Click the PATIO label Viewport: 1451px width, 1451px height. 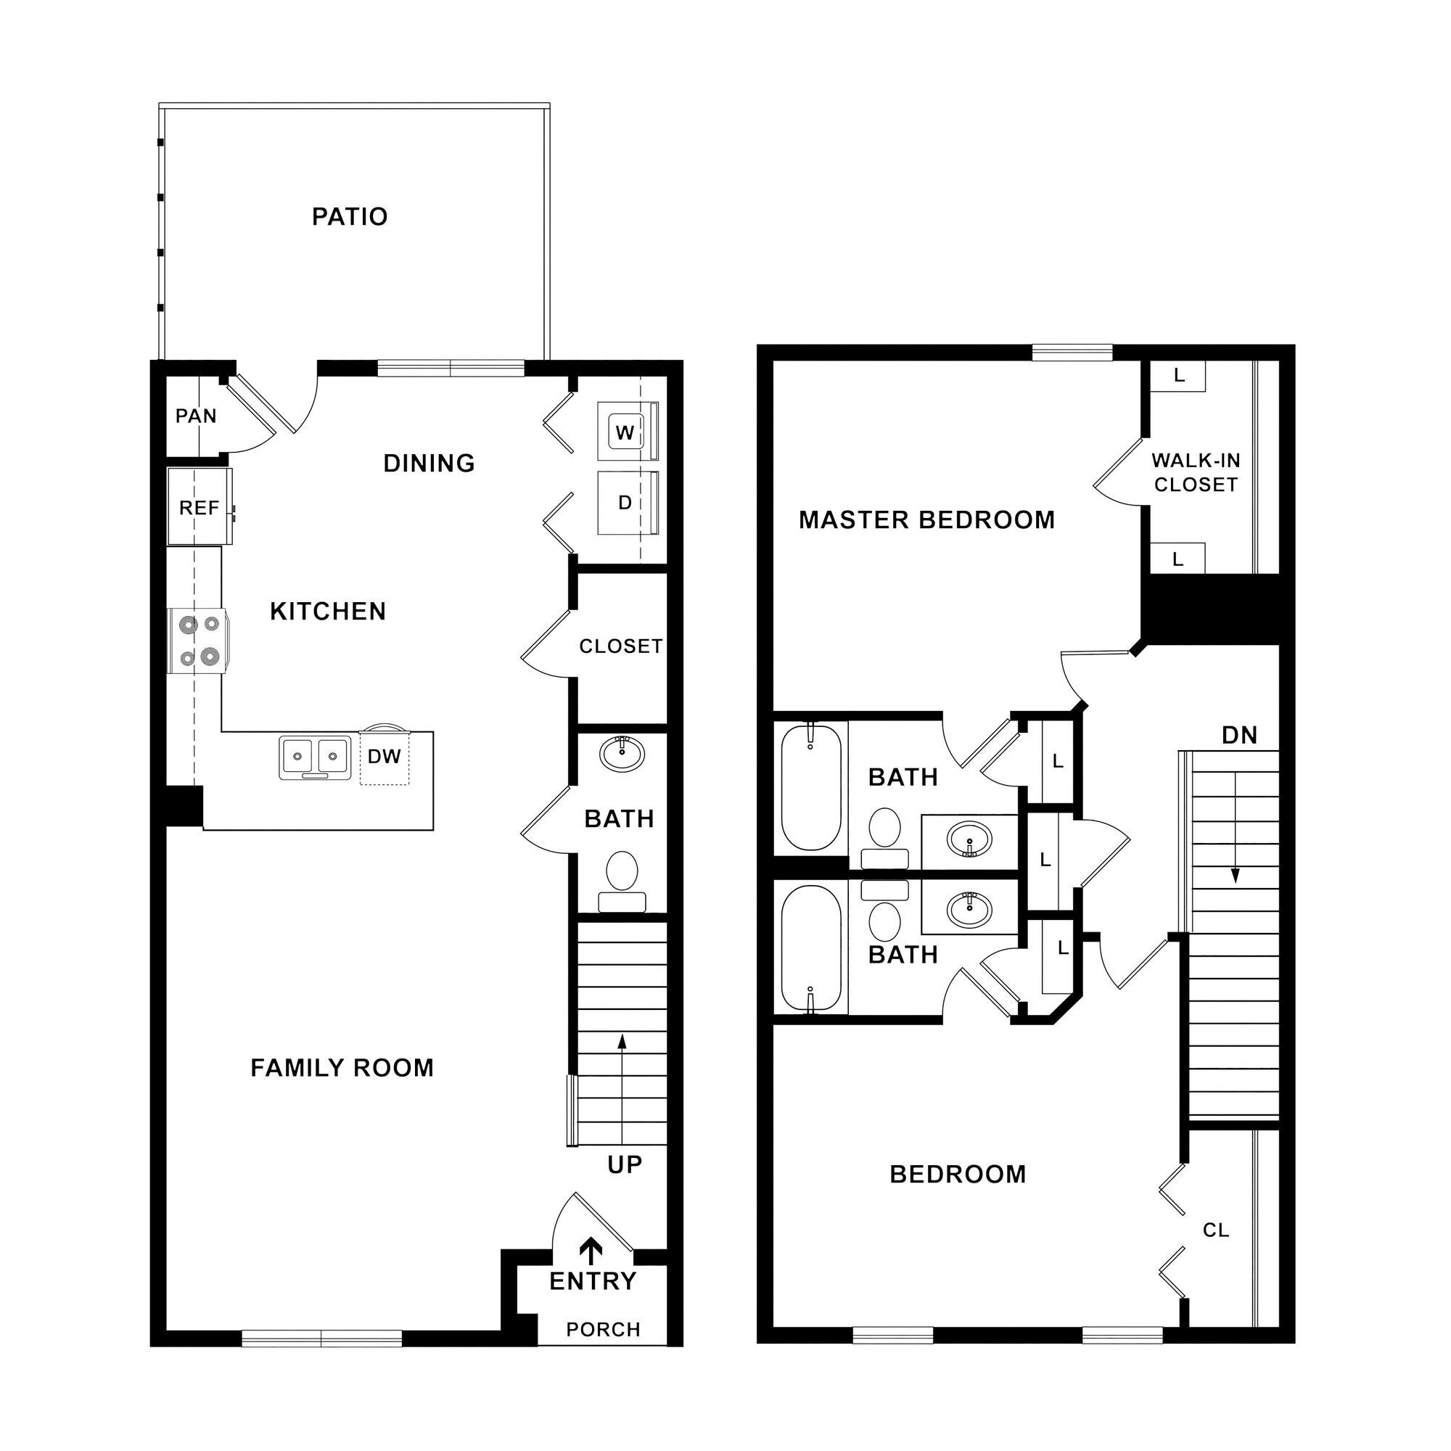point(349,217)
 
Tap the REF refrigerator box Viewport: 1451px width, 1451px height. point(199,508)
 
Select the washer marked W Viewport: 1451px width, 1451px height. point(625,432)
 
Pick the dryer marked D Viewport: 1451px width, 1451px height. point(625,503)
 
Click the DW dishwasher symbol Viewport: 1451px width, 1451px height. point(384,757)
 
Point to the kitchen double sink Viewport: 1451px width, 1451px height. point(315,757)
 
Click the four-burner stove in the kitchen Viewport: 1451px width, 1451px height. point(198,641)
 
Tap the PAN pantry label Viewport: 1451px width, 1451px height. point(196,416)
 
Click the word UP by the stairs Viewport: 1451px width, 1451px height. point(625,1165)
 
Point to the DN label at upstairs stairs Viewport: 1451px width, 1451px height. point(1239,735)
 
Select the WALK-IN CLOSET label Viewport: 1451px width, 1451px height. point(1196,472)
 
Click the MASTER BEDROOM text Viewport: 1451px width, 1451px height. point(926,519)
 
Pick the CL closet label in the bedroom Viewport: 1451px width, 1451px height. point(1216,1230)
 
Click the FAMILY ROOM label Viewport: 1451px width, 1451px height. point(342,1068)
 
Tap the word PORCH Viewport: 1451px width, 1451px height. point(603,1330)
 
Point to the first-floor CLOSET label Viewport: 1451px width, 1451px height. point(620,646)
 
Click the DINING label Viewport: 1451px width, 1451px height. point(429,464)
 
